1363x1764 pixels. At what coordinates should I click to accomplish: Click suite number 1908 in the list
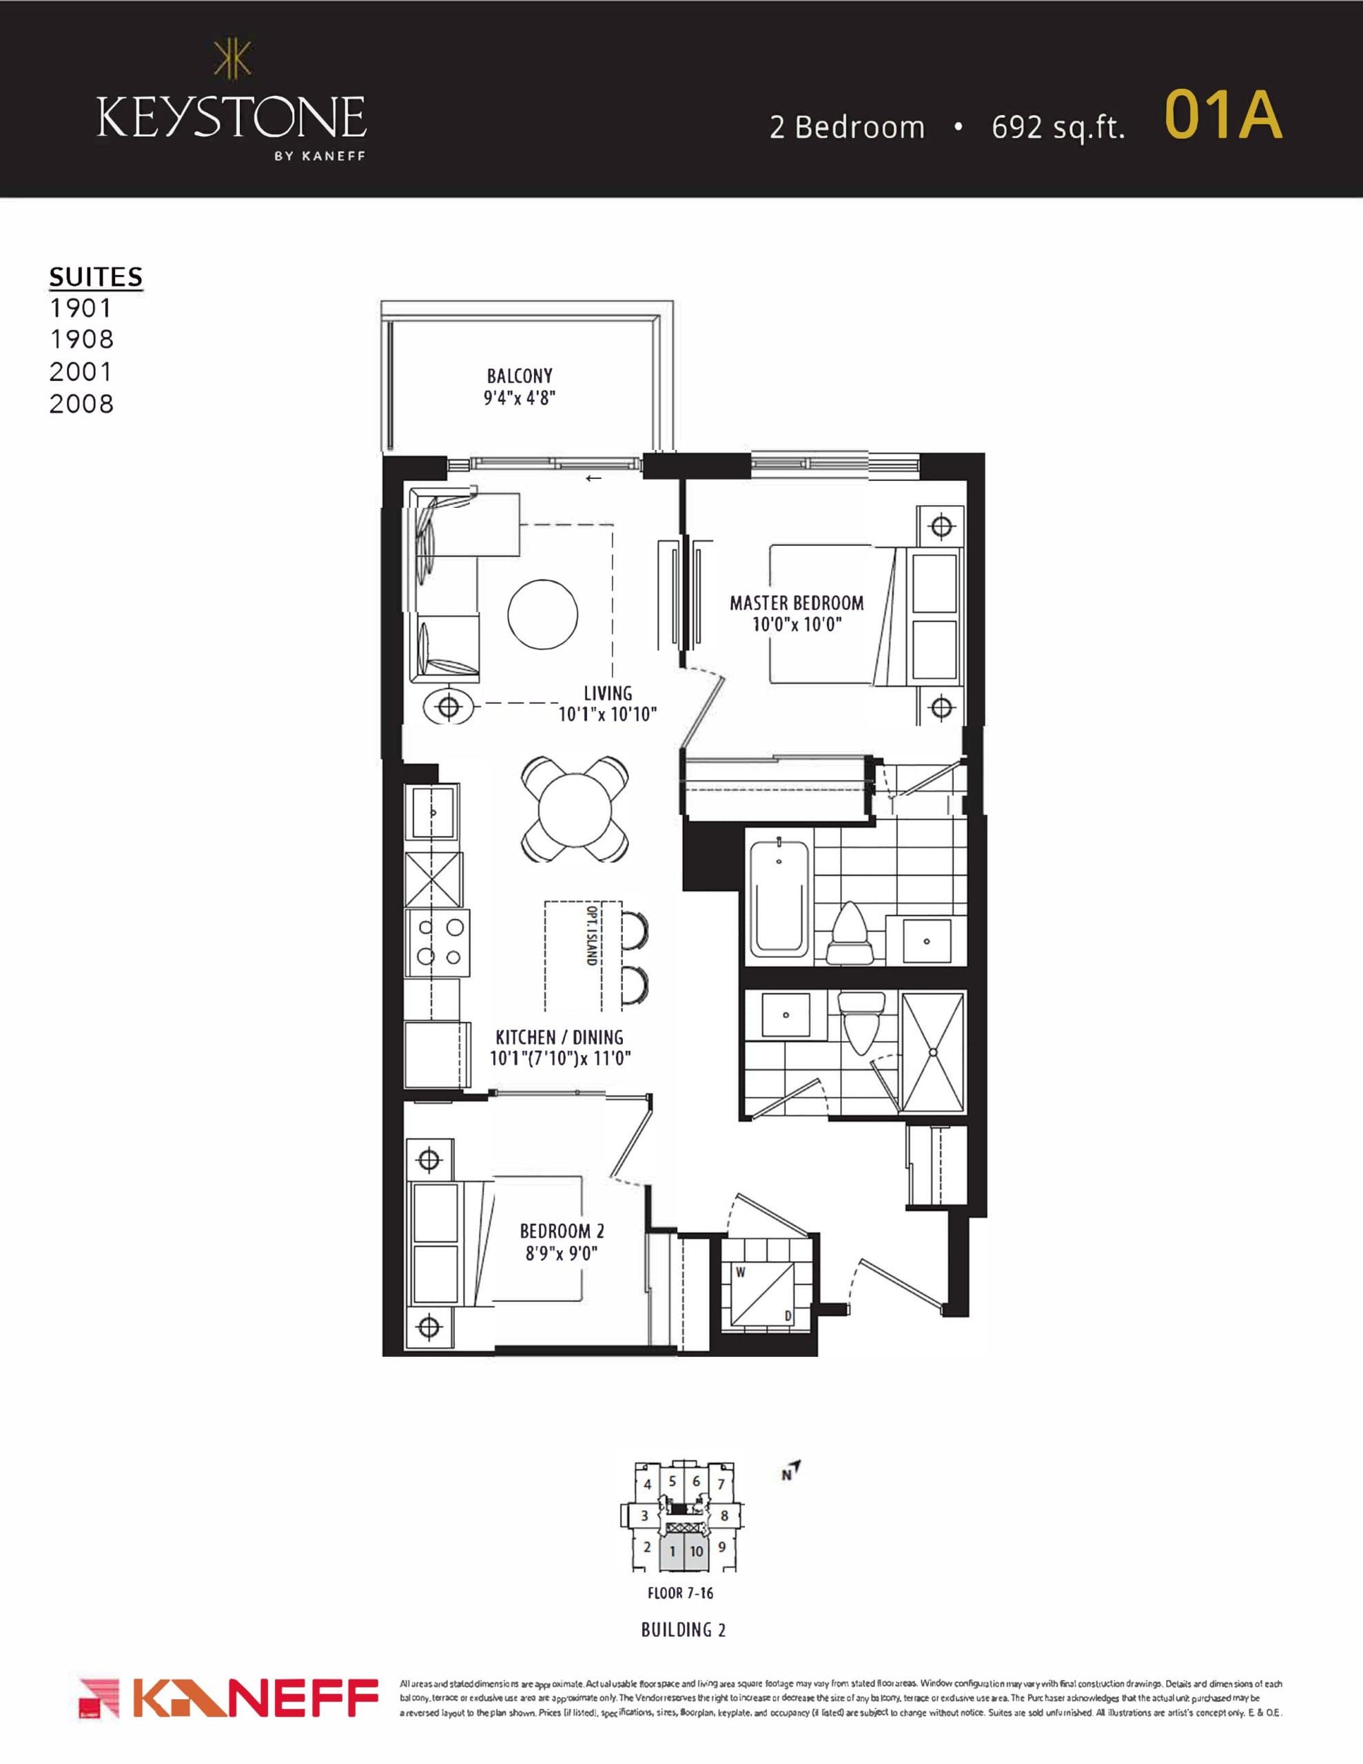[81, 339]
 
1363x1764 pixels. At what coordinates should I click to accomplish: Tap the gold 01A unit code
[1222, 116]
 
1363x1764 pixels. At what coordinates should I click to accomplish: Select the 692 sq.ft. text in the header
[1058, 127]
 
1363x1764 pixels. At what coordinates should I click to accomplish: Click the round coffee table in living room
[542, 614]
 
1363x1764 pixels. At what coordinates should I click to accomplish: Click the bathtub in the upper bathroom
[779, 897]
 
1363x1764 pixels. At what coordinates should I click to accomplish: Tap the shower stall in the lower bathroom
[932, 1052]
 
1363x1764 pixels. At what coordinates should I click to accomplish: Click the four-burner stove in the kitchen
[437, 943]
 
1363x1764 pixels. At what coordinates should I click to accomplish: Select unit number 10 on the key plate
[696, 1551]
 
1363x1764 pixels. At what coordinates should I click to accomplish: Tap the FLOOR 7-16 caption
[680, 1594]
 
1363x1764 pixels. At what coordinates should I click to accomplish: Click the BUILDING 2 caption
[684, 1630]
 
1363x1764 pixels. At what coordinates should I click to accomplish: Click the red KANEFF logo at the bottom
[229, 1698]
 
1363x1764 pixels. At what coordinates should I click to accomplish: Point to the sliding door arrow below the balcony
[594, 478]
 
